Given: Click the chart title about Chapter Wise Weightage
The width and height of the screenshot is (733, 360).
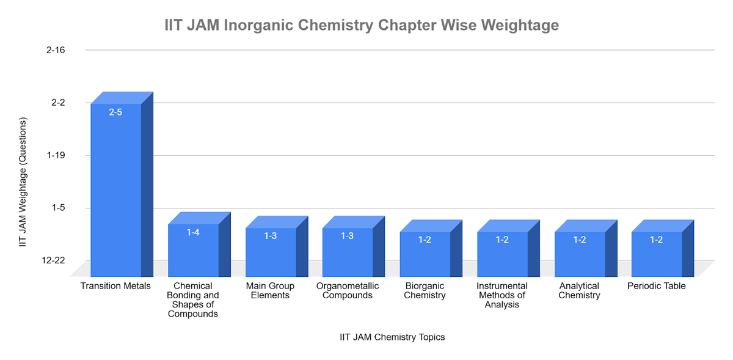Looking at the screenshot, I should (362, 26).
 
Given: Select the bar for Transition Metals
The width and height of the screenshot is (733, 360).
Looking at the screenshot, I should (116, 189).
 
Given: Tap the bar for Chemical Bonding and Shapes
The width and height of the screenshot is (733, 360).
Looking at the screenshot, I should (193, 251).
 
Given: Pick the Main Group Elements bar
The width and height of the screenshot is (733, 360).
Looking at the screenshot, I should (271, 252).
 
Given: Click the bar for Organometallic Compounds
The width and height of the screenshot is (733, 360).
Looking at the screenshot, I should (347, 252).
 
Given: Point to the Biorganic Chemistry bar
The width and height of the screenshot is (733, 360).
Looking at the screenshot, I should (425, 254).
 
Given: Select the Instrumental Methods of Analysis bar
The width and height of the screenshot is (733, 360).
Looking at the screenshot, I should (502, 254).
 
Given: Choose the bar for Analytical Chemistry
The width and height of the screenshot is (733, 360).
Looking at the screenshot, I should (580, 254).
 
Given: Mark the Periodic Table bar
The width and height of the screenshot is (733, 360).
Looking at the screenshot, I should (657, 254).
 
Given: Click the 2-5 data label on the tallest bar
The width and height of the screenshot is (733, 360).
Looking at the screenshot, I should (116, 112).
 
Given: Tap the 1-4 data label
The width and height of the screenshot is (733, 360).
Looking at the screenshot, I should (193, 232).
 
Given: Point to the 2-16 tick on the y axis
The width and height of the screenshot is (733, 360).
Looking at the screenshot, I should (56, 50).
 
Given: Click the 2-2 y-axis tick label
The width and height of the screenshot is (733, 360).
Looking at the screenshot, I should (58, 103).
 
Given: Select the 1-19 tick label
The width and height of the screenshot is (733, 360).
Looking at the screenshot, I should (56, 155).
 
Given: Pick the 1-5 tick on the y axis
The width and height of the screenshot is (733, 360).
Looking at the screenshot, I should (58, 208).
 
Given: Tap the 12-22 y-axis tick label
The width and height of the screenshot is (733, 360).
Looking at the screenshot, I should (54, 260).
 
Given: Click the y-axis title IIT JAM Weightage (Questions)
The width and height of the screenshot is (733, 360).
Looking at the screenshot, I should (23, 182).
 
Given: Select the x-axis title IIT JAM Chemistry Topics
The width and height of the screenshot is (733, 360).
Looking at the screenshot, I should (392, 337).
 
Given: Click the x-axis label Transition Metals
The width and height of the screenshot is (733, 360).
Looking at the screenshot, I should (115, 286).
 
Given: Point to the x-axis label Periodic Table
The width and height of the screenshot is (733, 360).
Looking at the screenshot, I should (657, 286).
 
